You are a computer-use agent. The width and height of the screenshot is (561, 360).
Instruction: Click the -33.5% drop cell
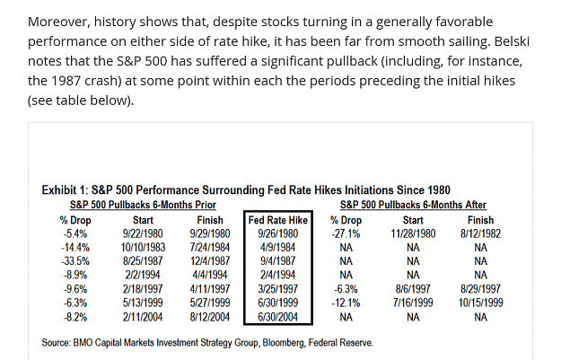[x=75, y=261]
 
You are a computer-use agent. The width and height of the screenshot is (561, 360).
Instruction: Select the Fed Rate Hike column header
[x=278, y=220]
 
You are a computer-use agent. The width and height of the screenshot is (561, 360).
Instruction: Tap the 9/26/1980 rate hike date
[x=278, y=233]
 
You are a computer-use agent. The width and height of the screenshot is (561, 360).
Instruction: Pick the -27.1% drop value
[x=346, y=233]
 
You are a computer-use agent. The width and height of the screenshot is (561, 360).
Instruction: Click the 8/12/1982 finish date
[x=480, y=233]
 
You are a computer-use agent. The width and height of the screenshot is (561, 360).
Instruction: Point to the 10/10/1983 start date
[x=143, y=247]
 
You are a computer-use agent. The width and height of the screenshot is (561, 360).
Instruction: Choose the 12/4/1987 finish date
[x=210, y=261]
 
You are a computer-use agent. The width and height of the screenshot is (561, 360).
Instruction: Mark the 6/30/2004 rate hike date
[x=278, y=317]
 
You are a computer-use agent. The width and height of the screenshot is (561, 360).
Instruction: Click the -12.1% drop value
[x=346, y=303]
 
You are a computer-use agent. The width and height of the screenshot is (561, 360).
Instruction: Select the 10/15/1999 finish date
[x=480, y=303]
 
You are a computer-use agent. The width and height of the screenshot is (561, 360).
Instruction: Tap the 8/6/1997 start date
[x=413, y=289]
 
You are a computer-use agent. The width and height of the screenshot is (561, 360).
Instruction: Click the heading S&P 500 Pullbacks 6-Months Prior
[x=143, y=205]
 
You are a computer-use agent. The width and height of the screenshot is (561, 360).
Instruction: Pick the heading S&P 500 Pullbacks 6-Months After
[x=413, y=205]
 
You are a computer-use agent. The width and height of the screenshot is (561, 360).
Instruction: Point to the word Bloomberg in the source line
[x=284, y=343]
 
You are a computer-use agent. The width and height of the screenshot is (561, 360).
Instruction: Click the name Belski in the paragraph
[x=512, y=41]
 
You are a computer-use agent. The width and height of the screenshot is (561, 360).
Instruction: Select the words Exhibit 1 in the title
[x=64, y=189]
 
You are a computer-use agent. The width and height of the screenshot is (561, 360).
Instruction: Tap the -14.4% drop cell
[x=75, y=247]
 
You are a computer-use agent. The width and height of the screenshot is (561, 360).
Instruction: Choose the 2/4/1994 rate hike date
[x=278, y=275]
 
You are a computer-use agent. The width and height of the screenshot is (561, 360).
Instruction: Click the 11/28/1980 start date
[x=413, y=233]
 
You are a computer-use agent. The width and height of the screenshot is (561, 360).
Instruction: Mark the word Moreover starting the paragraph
[x=59, y=22]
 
